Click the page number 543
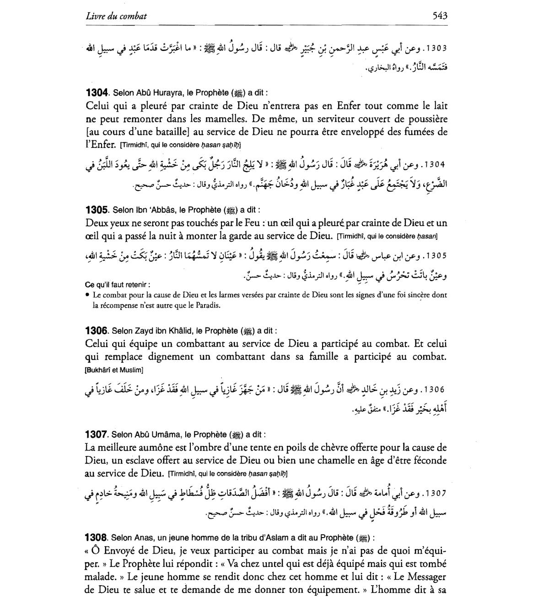pyautogui.click(x=440, y=16)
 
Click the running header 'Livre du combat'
pyautogui.click(x=116, y=16)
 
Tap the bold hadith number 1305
pyautogui.click(x=97, y=210)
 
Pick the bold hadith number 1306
pyautogui.click(x=97, y=331)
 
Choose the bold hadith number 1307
pyautogui.click(x=97, y=434)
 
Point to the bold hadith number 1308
pyautogui.click(x=97, y=537)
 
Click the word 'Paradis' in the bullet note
pyautogui.click(x=207, y=305)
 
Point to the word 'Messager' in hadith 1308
pyautogui.click(x=424, y=577)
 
